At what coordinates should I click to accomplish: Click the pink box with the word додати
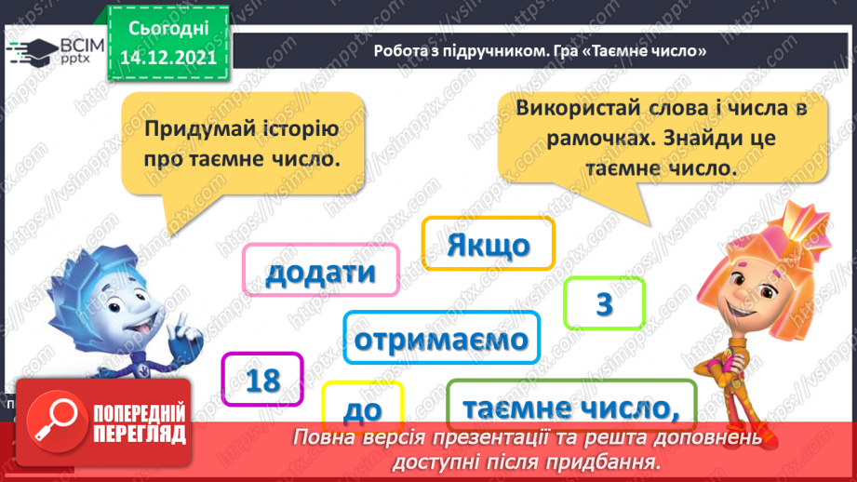coord(321,273)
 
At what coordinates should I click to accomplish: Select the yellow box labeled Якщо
coord(488,245)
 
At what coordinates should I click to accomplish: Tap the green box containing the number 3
coord(604,304)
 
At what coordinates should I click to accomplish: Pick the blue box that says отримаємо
coord(441,339)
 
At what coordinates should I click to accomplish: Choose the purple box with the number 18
coord(263,379)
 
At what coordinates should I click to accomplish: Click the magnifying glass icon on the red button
coord(54,417)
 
